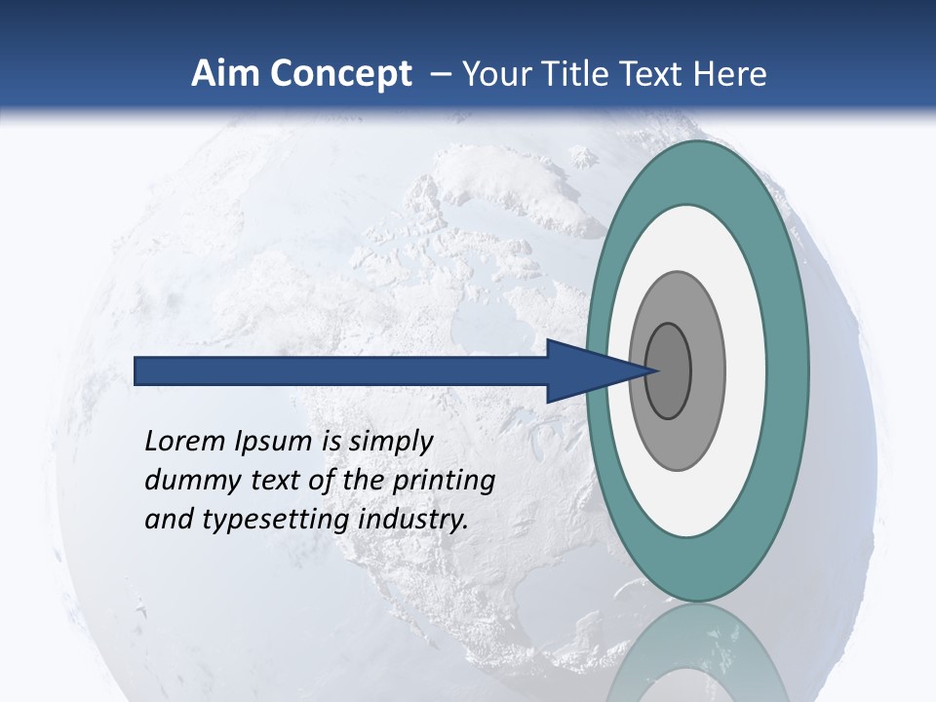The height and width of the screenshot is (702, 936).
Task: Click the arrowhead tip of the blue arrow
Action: pos(655,370)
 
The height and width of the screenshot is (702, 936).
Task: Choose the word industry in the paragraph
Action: pos(413,520)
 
